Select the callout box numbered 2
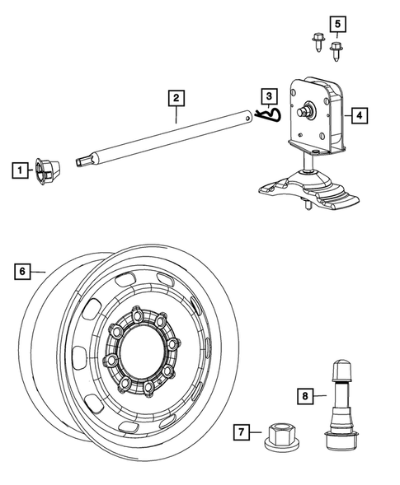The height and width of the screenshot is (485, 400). pyautogui.click(x=175, y=97)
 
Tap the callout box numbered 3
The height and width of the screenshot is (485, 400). pyautogui.click(x=269, y=97)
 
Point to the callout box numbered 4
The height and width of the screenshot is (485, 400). pyautogui.click(x=359, y=116)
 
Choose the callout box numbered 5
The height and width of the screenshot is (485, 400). pyautogui.click(x=336, y=22)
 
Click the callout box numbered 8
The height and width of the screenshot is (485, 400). pyautogui.click(x=306, y=396)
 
